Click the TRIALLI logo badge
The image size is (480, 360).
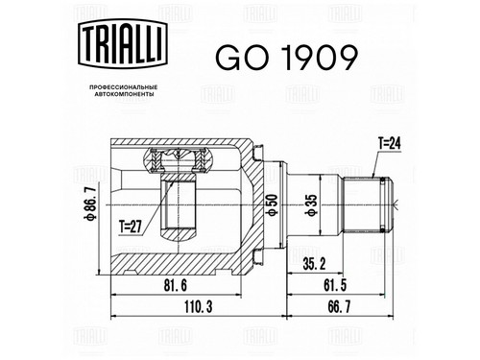tap(123, 43)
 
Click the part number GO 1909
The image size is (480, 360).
tap(286, 58)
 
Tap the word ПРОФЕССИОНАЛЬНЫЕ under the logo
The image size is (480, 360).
tap(123, 87)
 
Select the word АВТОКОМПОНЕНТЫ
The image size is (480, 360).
tap(123, 94)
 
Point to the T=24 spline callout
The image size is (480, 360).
tap(389, 144)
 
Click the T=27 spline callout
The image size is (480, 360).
tap(130, 228)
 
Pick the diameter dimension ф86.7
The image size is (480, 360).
tap(90, 204)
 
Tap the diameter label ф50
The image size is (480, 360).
tap(273, 204)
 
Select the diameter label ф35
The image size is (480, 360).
tap(312, 204)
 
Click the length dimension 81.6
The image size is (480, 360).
tap(176, 285)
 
